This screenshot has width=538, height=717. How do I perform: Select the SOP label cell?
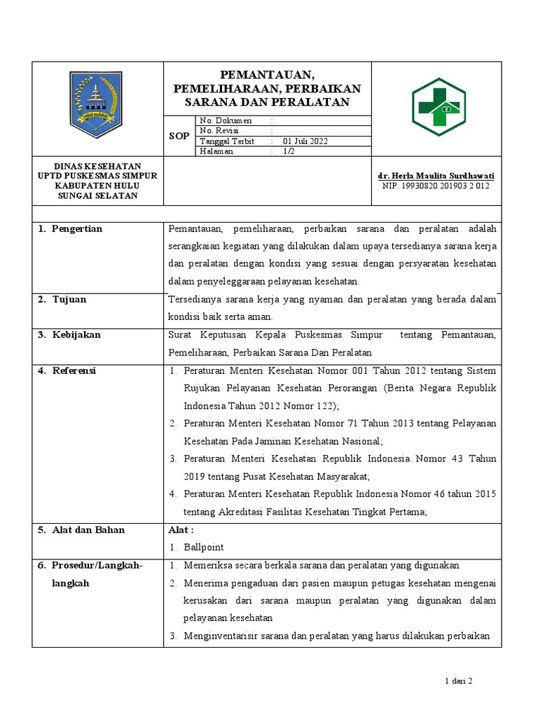point(179,136)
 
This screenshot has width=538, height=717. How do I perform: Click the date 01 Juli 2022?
point(301,141)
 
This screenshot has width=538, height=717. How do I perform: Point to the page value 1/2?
point(289,151)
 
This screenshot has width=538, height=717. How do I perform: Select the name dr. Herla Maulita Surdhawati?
point(436,176)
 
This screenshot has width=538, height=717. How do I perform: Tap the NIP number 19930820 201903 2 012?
point(436,186)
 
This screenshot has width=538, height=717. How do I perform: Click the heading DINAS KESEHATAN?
point(98,165)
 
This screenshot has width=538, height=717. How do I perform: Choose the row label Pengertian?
point(77,229)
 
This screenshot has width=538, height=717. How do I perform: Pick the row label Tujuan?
point(69,300)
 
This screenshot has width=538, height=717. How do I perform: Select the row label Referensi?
point(74,370)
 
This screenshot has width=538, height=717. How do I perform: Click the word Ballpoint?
point(204,547)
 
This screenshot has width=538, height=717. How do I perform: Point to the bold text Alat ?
point(181,529)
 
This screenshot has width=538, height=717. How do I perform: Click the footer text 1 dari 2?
point(460,681)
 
